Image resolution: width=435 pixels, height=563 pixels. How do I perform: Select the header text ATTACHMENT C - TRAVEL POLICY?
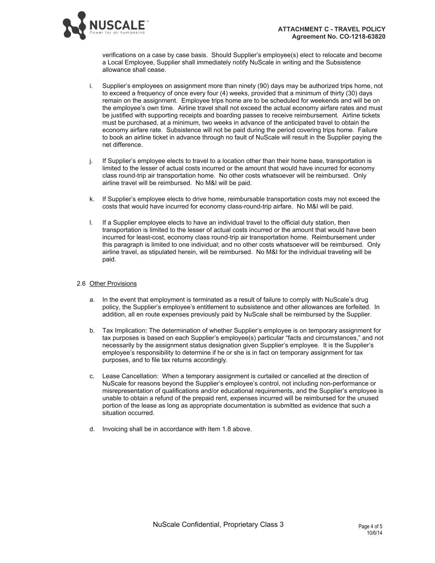point(332,29)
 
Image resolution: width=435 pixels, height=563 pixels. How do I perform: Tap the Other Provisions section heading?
point(113,284)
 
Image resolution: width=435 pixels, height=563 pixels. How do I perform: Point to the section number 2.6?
point(81,284)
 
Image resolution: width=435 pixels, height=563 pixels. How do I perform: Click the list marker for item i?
point(91,86)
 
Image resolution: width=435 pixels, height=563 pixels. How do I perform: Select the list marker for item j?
point(91,161)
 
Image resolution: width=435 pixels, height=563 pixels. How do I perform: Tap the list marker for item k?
point(91,199)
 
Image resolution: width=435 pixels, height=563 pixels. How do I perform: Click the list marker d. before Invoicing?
point(92,429)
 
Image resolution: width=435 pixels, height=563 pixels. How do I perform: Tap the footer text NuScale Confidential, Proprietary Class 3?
point(218,525)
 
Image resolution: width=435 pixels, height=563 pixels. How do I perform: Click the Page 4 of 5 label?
point(370,527)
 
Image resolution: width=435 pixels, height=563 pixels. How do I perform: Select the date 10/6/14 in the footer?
point(374,533)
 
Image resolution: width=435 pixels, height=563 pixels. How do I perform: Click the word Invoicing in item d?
point(115,429)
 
